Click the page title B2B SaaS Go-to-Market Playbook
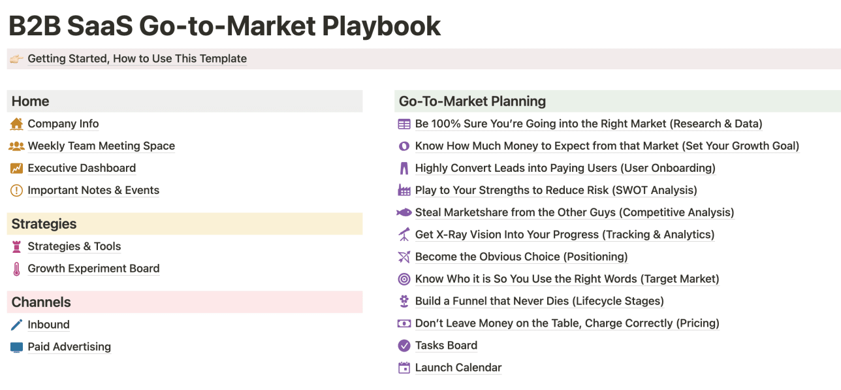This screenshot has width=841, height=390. [225, 26]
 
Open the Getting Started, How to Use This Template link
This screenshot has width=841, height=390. [137, 59]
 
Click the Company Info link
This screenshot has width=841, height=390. [63, 124]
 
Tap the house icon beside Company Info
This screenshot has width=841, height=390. [16, 123]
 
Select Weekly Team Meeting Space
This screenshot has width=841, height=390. [101, 146]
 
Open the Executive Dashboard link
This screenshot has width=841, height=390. [82, 169]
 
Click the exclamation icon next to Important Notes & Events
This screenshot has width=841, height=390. [16, 191]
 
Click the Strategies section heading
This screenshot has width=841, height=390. [44, 224]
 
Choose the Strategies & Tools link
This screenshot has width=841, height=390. [74, 247]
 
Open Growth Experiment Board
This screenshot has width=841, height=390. [93, 269]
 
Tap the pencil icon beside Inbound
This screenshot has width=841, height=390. [16, 325]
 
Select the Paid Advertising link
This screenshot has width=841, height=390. [69, 347]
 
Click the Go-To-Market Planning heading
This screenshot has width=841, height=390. [472, 101]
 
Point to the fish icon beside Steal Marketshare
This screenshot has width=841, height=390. [404, 212]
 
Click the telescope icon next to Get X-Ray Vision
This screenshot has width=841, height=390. [404, 235]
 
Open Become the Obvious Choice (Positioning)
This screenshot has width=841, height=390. [521, 257]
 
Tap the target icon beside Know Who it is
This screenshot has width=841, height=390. [404, 280]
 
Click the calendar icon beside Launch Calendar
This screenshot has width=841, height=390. [404, 368]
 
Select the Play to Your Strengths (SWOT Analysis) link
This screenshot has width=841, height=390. [556, 191]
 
